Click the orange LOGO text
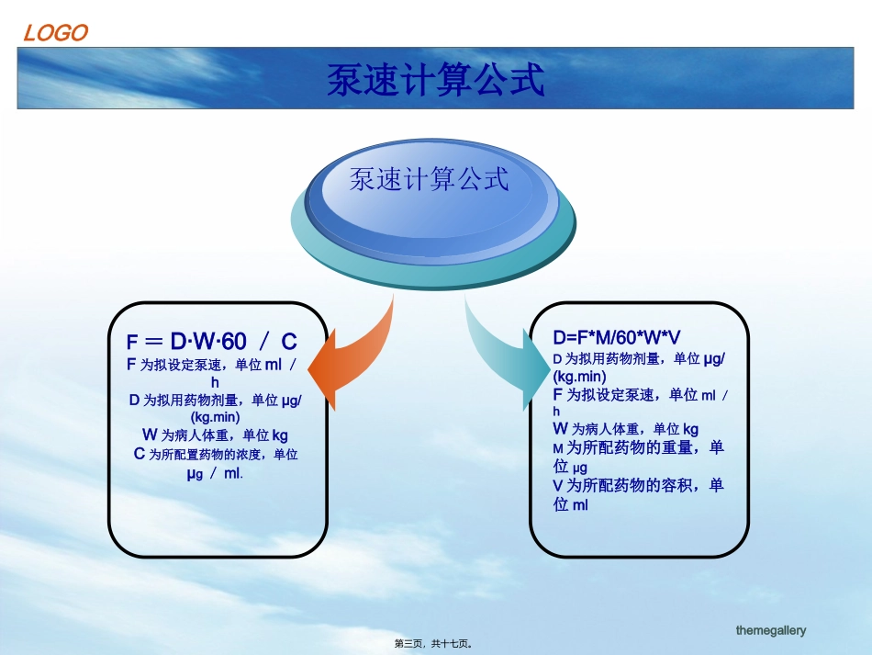(56, 33)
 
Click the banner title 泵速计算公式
(435, 79)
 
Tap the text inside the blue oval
(429, 179)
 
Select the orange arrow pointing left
(352, 356)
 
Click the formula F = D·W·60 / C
(212, 341)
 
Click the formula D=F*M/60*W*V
(616, 337)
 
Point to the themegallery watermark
(771, 630)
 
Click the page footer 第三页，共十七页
(433, 644)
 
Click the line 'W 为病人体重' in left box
(215, 435)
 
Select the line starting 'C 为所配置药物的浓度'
(216, 454)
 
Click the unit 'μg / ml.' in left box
(215, 474)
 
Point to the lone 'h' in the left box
(215, 383)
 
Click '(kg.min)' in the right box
(579, 377)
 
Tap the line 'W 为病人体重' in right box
(626, 429)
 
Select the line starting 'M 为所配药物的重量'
(639, 447)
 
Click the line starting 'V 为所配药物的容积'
(639, 485)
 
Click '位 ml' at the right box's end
(571, 504)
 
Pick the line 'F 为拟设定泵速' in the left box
(211, 365)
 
